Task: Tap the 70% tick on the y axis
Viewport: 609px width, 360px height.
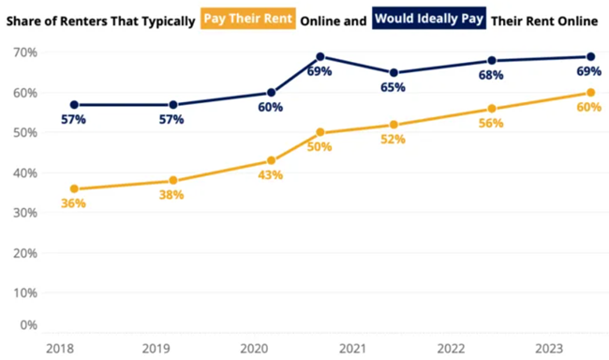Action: point(25,52)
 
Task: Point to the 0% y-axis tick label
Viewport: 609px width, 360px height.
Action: point(28,324)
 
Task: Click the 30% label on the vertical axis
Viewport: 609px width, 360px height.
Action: point(25,213)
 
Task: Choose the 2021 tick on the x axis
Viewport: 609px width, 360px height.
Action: point(352,348)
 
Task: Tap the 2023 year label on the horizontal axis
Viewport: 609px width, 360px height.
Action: point(549,348)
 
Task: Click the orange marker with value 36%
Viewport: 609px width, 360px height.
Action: point(74,188)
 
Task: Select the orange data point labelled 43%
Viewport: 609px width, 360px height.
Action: point(272,160)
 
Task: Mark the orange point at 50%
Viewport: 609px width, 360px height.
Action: point(320,132)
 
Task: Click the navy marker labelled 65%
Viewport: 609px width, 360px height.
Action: point(394,73)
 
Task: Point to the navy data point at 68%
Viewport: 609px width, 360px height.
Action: point(491,61)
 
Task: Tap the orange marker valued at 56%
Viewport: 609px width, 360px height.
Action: point(491,109)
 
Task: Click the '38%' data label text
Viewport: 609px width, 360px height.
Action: point(171,196)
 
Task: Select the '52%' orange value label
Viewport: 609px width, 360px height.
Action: point(394,140)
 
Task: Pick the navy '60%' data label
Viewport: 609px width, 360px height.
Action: point(270,107)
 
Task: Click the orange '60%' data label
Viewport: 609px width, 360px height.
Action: point(588,107)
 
